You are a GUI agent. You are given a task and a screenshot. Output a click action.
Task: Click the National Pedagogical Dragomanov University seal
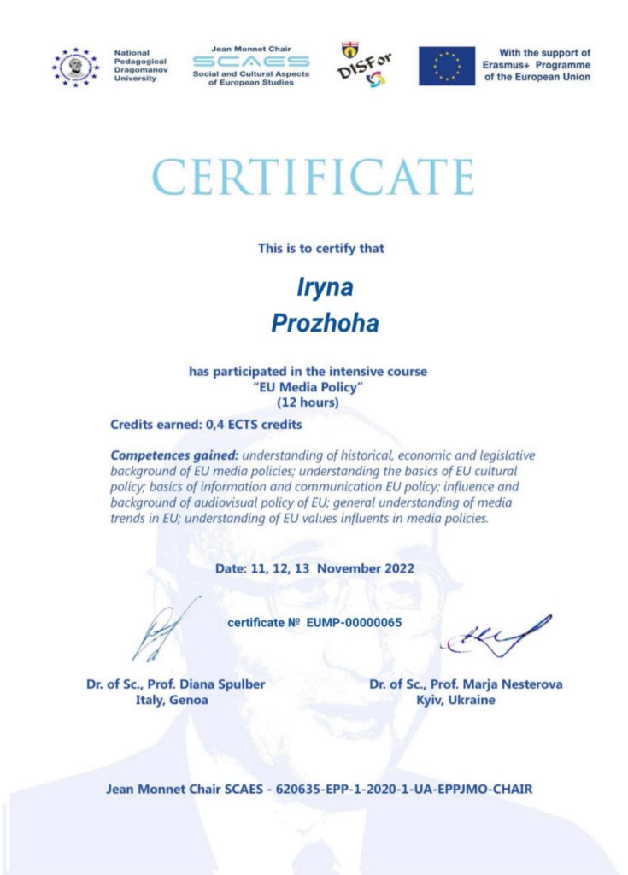click(75, 67)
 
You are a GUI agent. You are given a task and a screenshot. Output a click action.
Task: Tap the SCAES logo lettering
click(250, 62)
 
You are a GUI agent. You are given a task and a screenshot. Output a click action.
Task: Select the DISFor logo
click(364, 65)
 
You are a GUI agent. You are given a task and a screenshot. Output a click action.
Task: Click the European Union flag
click(446, 66)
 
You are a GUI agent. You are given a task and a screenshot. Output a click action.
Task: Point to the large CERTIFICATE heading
click(313, 177)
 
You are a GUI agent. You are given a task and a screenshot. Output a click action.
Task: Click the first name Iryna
click(325, 287)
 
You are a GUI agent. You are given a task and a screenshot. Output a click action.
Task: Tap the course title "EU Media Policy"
click(308, 387)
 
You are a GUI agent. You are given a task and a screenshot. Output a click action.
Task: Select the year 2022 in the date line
click(397, 568)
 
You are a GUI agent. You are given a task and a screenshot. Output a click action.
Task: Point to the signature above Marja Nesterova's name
click(494, 637)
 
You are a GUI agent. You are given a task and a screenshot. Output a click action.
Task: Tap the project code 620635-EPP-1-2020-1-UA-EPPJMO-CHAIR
click(401, 789)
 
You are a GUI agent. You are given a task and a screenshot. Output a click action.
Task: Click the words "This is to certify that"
click(321, 248)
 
